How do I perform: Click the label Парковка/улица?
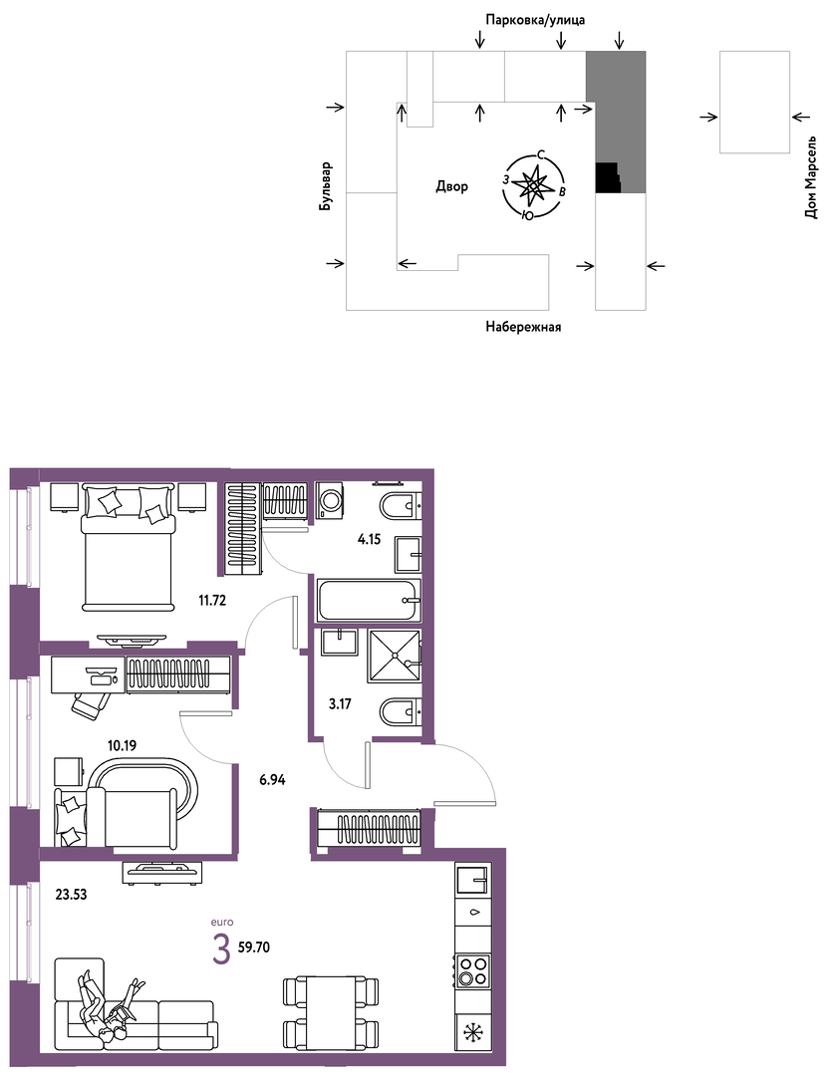(x=535, y=20)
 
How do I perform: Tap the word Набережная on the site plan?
(x=523, y=327)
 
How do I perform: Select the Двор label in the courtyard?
(x=451, y=186)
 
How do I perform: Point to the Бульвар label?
(x=325, y=186)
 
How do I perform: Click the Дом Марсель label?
(x=811, y=177)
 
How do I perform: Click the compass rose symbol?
(x=533, y=186)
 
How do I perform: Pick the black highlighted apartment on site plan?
(x=607, y=177)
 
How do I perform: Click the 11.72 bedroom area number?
(x=212, y=601)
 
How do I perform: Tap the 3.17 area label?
(x=340, y=703)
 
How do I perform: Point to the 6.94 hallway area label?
(x=273, y=779)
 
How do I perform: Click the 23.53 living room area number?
(x=72, y=894)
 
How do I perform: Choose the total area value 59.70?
(x=254, y=947)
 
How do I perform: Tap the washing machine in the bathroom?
(x=330, y=499)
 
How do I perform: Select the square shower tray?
(x=394, y=656)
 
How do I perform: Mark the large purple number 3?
(x=221, y=950)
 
